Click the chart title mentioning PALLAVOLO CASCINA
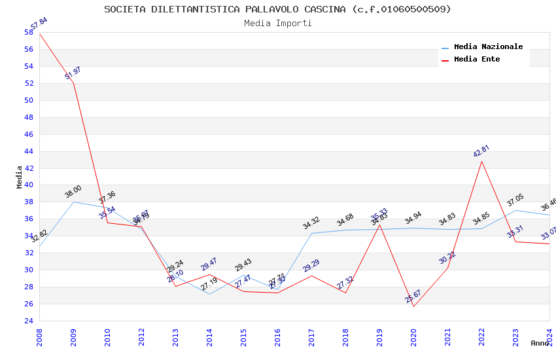coord(277,9)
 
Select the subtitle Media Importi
coord(277,24)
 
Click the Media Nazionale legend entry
coord(488,46)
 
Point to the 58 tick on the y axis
coord(28,32)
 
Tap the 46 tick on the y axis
coord(28,134)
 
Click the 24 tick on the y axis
coord(28,321)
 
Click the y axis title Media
coord(20,177)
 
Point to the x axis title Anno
coord(540,343)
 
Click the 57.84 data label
coord(39,25)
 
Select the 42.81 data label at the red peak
coord(481,151)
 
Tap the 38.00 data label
coord(73,191)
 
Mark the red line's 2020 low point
coord(413,306)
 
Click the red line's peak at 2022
coord(481,161)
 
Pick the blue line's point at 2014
coord(209,294)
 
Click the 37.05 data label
coord(515,200)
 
